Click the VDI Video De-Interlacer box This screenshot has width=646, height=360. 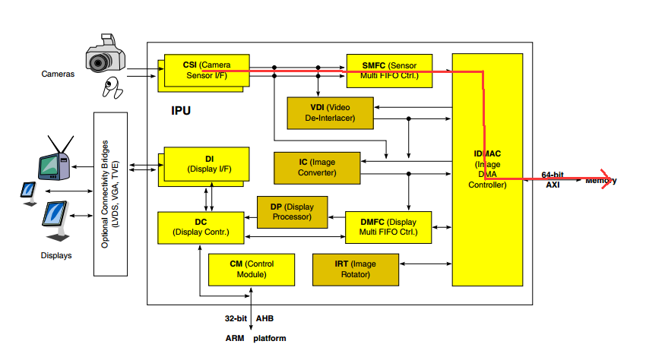point(330,113)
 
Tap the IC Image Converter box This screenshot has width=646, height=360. point(316,167)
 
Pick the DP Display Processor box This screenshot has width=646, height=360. point(291,211)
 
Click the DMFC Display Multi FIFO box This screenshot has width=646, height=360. point(388,227)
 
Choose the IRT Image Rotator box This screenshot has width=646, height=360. point(355,270)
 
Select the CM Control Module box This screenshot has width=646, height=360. point(252,270)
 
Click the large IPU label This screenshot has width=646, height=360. point(181,111)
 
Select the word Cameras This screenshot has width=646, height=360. point(58,74)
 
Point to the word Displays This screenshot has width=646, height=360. point(56,256)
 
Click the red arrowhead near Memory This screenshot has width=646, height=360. point(606,181)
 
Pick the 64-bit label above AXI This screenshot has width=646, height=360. point(552,175)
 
